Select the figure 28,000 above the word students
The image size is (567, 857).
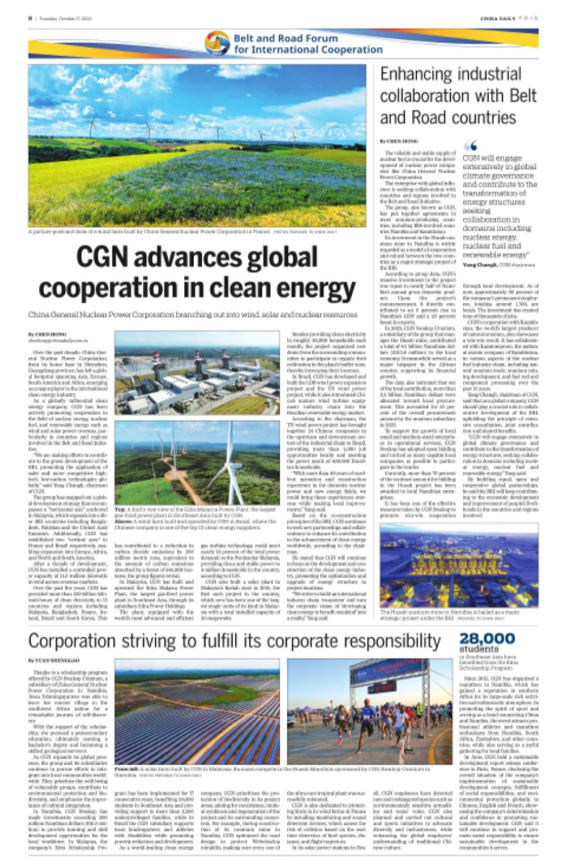(x=487, y=638)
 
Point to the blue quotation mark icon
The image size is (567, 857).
(x=471, y=146)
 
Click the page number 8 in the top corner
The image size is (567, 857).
(x=30, y=18)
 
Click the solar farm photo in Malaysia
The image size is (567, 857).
(x=197, y=711)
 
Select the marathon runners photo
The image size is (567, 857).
(x=369, y=711)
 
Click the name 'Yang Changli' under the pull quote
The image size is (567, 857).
(x=479, y=264)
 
